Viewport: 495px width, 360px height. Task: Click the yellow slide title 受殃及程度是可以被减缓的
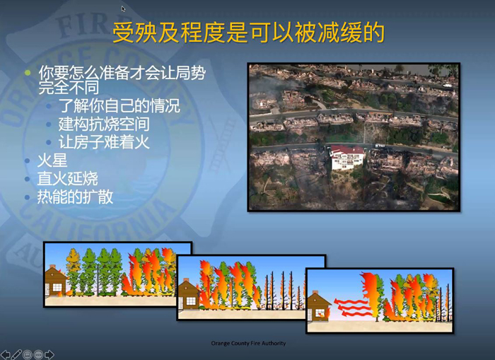(248, 33)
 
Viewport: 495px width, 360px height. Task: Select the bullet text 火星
(52, 161)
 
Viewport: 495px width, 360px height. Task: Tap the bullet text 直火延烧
(68, 178)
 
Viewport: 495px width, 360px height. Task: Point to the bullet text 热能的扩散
(75, 197)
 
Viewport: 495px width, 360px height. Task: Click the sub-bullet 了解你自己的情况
(120, 105)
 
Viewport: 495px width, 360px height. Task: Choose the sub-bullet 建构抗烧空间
(104, 124)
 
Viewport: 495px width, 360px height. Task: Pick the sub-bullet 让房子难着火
(104, 141)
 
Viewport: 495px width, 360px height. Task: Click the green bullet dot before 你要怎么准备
(28, 73)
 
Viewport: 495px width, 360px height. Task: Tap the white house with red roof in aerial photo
(347, 157)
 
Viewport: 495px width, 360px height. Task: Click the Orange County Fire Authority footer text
(248, 343)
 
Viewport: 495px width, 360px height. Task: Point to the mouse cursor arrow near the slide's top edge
(123, 8)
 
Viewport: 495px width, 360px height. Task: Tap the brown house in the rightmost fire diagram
(318, 306)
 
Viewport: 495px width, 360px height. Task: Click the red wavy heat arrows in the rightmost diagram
(351, 307)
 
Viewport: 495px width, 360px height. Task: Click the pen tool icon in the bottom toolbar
(16, 354)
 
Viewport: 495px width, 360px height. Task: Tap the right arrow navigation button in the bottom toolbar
(49, 354)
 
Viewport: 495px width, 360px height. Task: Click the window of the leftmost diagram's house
(57, 287)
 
